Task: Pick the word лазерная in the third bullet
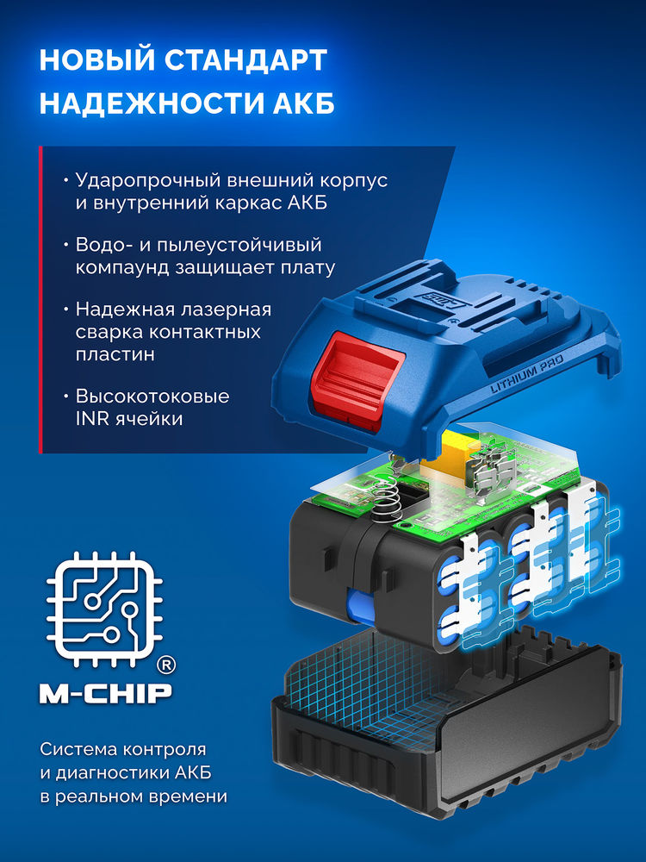227,309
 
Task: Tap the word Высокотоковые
152,397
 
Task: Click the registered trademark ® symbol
166,665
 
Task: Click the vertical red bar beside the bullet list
40,299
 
